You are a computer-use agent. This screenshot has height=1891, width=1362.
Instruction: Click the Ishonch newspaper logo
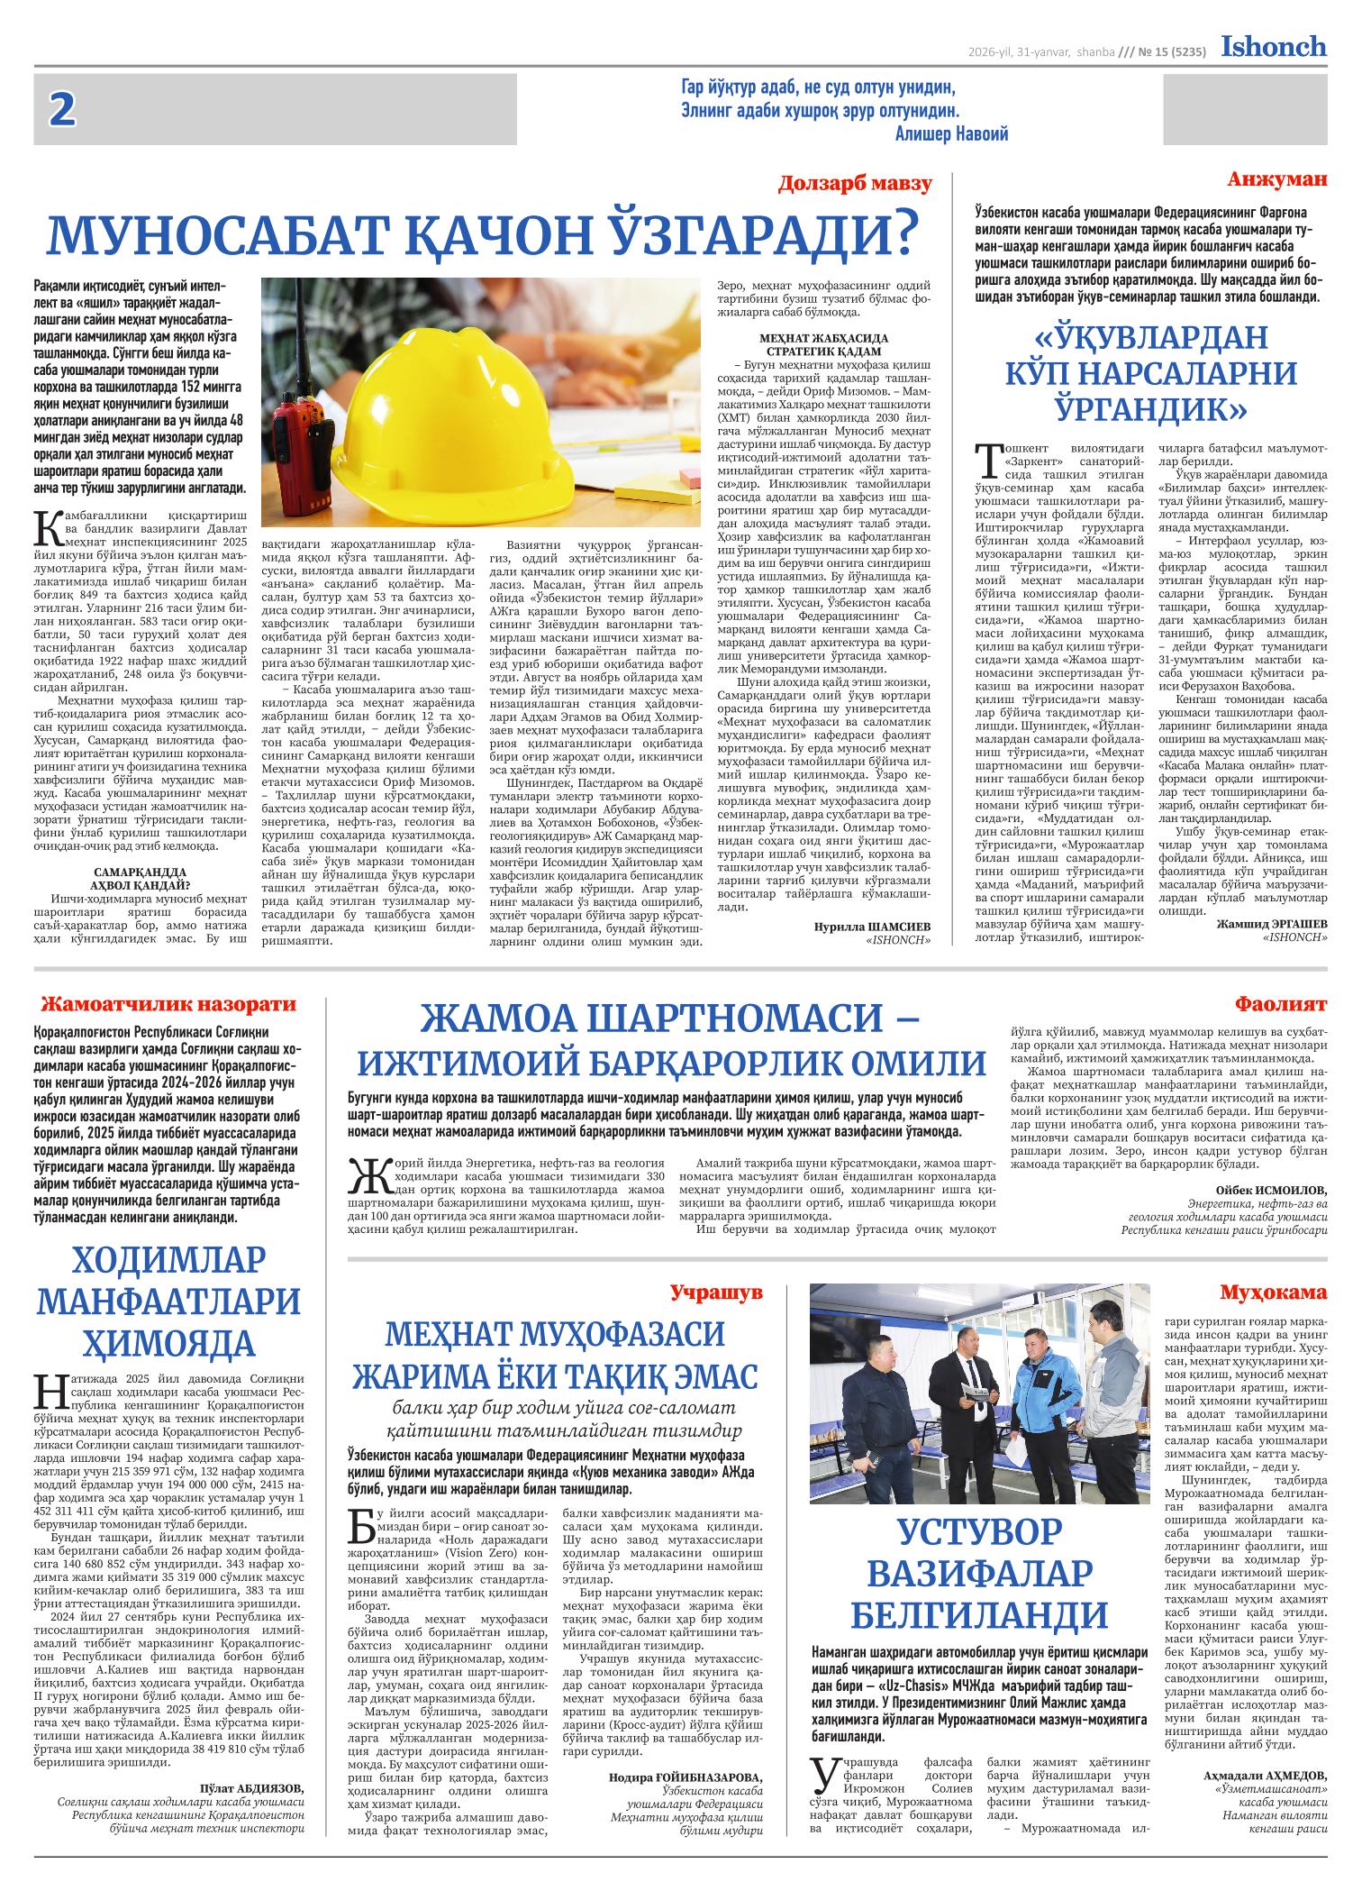pyautogui.click(x=1273, y=47)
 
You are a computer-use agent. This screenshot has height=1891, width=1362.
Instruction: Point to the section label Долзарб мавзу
pyautogui.click(x=855, y=185)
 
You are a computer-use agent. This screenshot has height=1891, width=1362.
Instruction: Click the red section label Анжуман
pyautogui.click(x=1276, y=179)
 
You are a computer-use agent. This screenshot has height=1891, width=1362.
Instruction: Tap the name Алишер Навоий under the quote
pyautogui.click(x=952, y=134)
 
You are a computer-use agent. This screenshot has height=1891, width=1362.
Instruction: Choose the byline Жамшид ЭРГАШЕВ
pyautogui.click(x=1271, y=924)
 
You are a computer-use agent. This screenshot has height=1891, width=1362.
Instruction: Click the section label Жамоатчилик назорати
pyautogui.click(x=169, y=1003)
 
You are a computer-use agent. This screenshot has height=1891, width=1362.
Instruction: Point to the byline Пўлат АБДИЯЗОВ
pyautogui.click(x=251, y=1788)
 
